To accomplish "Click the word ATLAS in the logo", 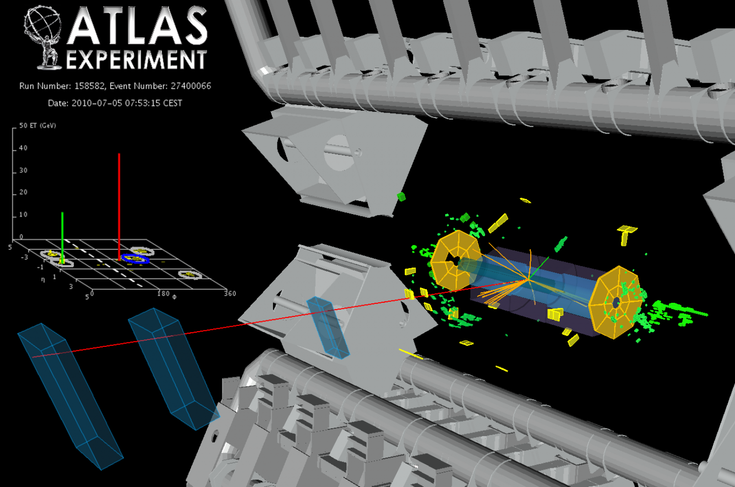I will click(x=137, y=27).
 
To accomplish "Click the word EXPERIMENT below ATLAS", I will click(x=136, y=60).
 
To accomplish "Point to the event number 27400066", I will click(x=191, y=86).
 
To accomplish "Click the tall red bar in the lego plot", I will click(x=119, y=206).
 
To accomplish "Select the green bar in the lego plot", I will click(x=62, y=235).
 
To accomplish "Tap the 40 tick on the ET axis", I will click(x=23, y=148).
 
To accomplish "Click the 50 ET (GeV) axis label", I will click(x=37, y=126).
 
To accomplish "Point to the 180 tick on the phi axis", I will click(x=163, y=293).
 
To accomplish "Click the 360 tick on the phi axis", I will click(x=230, y=293).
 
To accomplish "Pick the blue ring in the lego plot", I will click(x=135, y=259).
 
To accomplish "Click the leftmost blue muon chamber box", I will click(x=69, y=392).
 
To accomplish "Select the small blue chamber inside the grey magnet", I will click(x=328, y=327).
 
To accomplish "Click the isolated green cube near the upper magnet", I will click(x=401, y=196).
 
